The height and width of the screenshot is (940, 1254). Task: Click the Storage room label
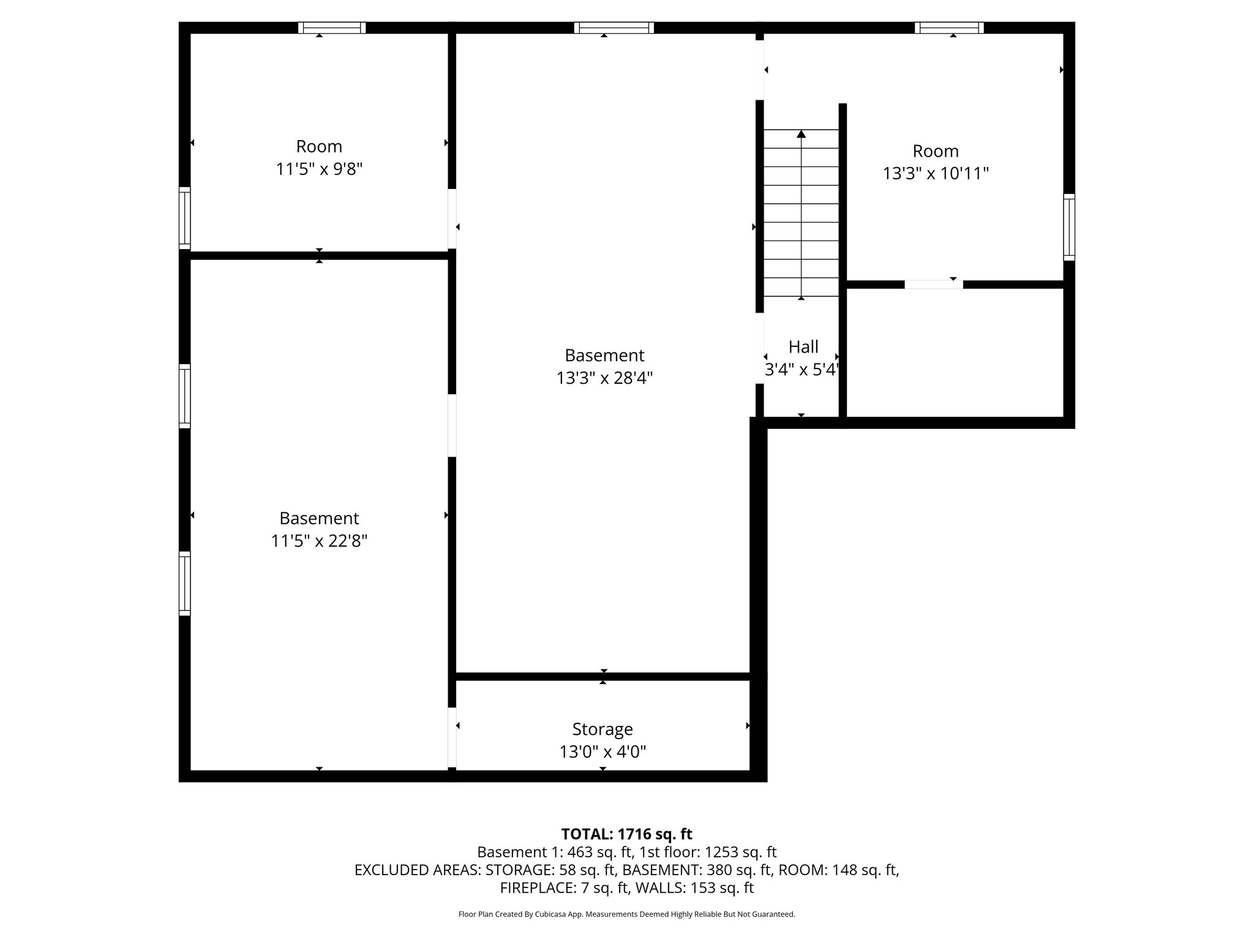click(x=603, y=729)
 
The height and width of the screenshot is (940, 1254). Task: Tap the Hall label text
click(x=803, y=347)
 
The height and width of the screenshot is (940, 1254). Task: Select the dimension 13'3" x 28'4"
click(x=604, y=378)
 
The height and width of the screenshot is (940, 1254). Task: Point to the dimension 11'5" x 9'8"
click(x=319, y=169)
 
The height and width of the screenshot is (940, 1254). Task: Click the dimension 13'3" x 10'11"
click(x=936, y=174)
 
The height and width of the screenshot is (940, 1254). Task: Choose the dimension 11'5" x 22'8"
click(x=319, y=541)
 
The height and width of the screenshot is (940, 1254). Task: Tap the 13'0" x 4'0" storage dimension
click(x=603, y=752)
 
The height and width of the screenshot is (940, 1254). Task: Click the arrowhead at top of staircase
click(x=801, y=134)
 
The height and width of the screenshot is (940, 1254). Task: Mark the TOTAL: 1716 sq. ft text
click(x=626, y=834)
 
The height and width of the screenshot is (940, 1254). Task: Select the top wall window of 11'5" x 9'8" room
click(x=332, y=28)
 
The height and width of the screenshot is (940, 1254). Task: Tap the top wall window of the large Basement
click(x=614, y=28)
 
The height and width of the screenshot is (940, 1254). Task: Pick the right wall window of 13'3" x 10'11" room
click(x=1068, y=227)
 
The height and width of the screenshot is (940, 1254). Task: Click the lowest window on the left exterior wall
click(x=184, y=583)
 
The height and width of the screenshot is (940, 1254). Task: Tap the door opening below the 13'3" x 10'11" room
click(x=933, y=285)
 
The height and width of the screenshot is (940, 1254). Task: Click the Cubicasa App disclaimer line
click(x=626, y=914)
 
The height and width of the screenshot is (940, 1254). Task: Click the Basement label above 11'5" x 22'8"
click(x=319, y=518)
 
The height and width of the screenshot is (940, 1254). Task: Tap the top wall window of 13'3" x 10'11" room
click(x=949, y=28)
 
